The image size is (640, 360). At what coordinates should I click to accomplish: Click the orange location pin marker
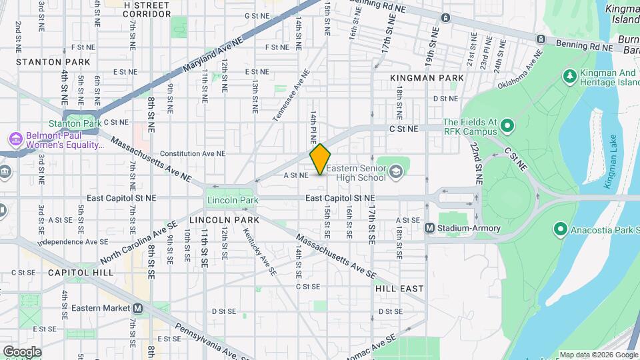(321, 159)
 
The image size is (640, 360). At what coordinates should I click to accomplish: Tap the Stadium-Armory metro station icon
(431, 228)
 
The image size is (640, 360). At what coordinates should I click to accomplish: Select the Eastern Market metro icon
(138, 308)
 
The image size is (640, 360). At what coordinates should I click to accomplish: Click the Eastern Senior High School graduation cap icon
(397, 172)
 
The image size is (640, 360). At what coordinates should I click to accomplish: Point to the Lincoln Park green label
(232, 200)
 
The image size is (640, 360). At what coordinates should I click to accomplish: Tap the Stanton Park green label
(75, 123)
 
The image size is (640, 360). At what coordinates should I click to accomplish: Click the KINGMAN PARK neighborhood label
(427, 78)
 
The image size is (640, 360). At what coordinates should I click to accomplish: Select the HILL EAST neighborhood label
(399, 289)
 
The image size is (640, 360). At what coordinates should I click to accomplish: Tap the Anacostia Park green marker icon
(561, 231)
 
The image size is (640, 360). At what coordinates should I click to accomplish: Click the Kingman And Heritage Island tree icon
(569, 77)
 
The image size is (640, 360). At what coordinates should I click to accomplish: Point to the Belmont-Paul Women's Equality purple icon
(15, 139)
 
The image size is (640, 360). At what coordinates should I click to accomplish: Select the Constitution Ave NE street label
(193, 153)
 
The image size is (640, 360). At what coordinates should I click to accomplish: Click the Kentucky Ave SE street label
(259, 250)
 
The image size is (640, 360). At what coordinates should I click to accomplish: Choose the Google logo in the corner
(22, 351)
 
